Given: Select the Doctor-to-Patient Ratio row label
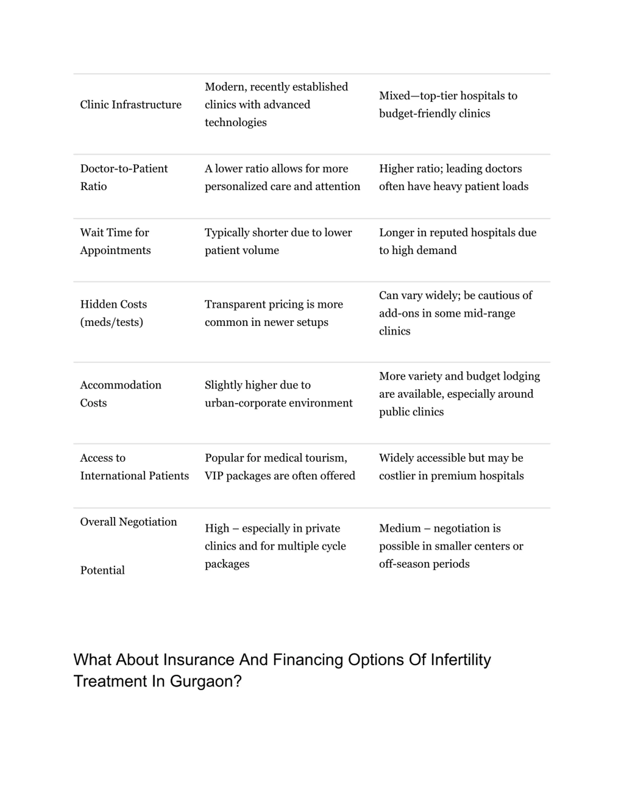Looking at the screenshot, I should coord(124,177).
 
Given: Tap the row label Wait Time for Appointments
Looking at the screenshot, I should coord(115,241).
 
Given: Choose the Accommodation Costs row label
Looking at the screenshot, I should coord(120,394).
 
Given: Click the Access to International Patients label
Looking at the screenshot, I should coord(134,467).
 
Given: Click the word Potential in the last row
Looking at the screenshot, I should coord(102,570).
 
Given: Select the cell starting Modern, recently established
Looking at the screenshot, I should coord(276,104).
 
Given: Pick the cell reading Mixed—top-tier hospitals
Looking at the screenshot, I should coord(448,104).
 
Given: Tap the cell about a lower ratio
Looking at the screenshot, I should coord(282,177).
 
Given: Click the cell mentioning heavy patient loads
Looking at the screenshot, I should coord(453,177).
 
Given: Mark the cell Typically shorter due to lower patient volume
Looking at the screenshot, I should coord(278,241).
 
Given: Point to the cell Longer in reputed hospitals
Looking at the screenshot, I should coord(457,241).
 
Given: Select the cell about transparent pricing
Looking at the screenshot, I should coord(273,313).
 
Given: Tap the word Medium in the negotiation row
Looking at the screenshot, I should coord(400,528).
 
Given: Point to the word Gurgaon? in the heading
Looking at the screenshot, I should coord(205,681).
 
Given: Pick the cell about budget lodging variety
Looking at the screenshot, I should coord(459,394).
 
